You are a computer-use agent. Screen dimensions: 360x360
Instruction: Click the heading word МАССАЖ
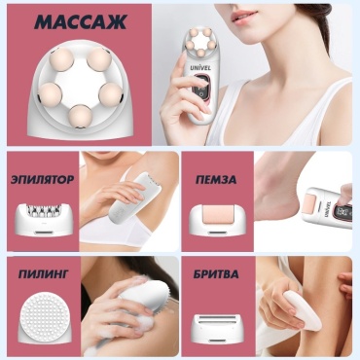point(80,22)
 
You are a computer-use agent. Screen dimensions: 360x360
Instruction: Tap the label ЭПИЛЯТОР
point(42,179)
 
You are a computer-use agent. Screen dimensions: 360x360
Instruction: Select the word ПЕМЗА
point(216,179)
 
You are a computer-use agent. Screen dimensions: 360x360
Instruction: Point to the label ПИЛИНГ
point(43,274)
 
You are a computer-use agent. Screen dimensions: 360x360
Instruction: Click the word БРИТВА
point(216,274)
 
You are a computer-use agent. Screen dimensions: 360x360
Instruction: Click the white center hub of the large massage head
point(81,84)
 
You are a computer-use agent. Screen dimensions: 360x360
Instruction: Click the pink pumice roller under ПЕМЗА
point(216,217)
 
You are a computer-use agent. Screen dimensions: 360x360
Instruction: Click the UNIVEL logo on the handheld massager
point(200,68)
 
